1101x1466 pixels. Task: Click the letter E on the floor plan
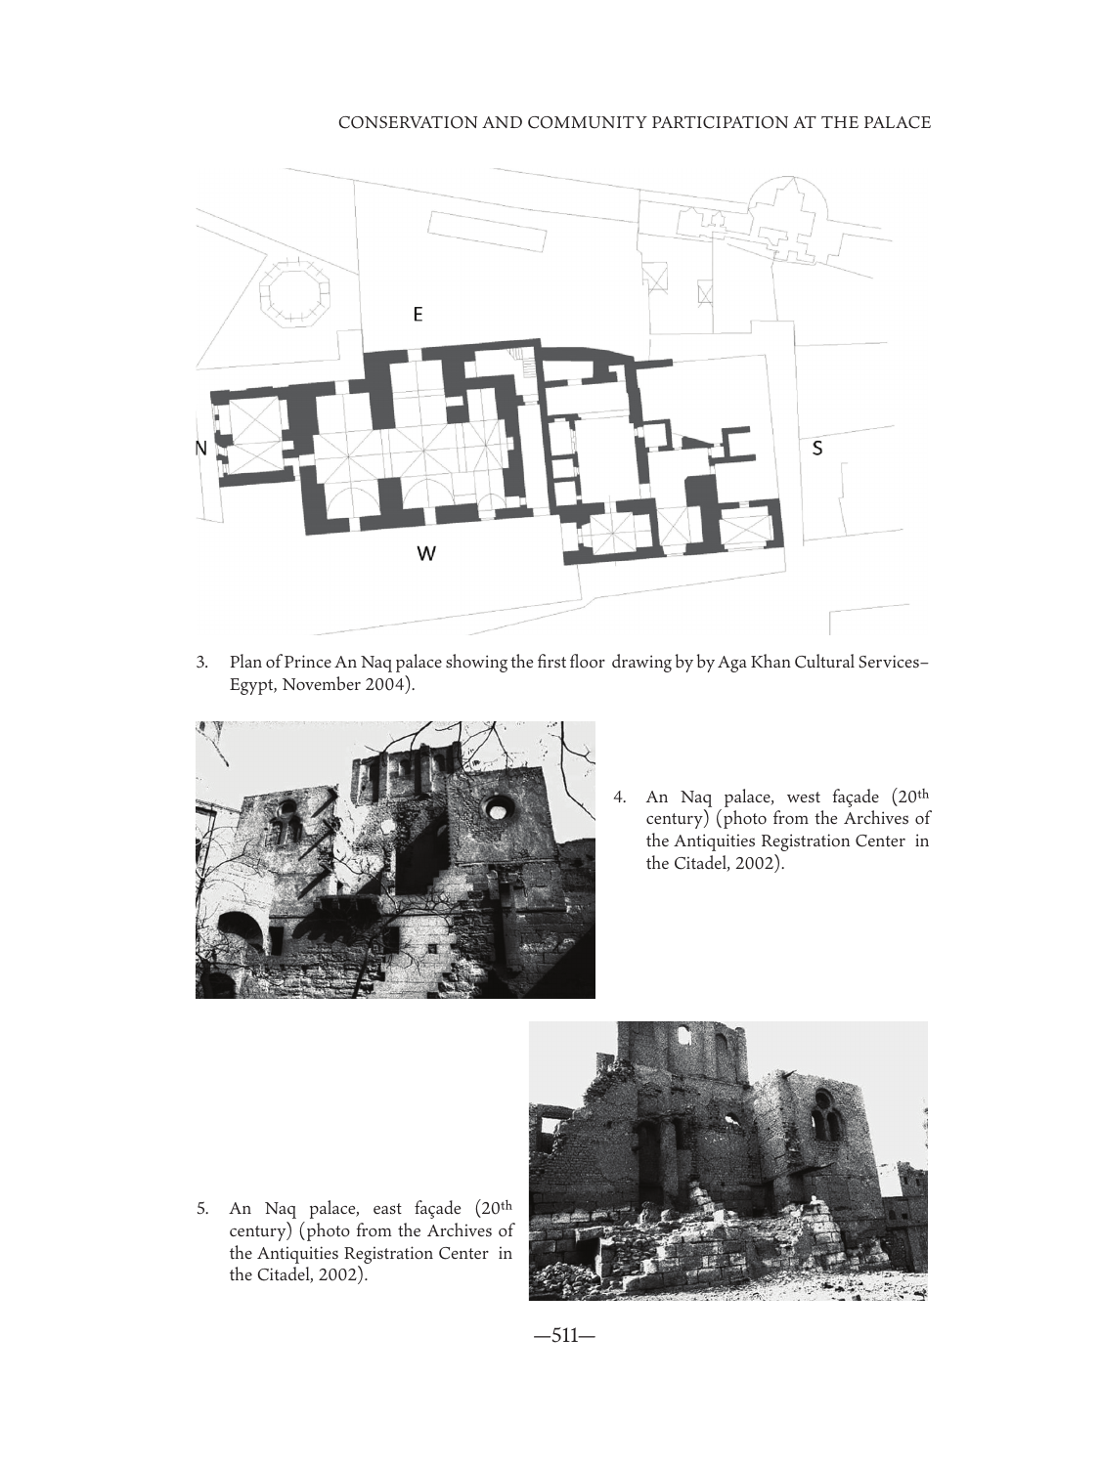tap(418, 314)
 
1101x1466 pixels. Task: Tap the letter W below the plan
tap(426, 553)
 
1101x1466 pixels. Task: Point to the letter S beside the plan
tap(817, 449)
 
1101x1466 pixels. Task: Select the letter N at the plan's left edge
tap(201, 449)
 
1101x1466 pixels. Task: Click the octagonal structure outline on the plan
tap(294, 292)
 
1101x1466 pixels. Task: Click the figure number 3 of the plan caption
tap(201, 663)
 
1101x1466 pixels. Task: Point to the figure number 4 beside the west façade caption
tap(619, 797)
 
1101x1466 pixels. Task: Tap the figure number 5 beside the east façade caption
tap(201, 1209)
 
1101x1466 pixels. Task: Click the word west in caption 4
tap(805, 798)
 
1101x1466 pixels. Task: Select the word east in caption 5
tap(387, 1209)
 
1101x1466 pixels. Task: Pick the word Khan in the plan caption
tap(771, 663)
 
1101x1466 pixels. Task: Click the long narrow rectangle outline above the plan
tap(486, 231)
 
